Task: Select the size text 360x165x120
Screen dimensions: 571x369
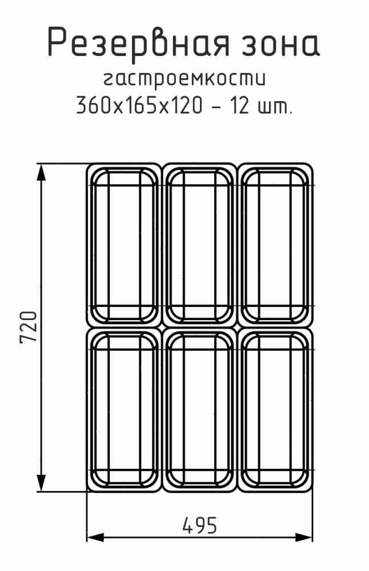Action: pyautogui.click(x=139, y=105)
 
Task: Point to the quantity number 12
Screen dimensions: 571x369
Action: pyautogui.click(x=240, y=105)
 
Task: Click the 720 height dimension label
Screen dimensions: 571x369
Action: pyautogui.click(x=29, y=327)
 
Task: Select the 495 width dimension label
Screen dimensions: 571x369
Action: pyautogui.click(x=199, y=525)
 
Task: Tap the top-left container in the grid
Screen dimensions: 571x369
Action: pyautogui.click(x=124, y=245)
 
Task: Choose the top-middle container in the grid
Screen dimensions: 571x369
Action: pyautogui.click(x=199, y=245)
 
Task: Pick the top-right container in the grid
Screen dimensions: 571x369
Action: pyautogui.click(x=275, y=245)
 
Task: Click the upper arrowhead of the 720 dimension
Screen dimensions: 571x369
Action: pyautogui.click(x=41, y=171)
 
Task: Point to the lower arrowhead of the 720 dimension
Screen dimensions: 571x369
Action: pyautogui.click(x=41, y=483)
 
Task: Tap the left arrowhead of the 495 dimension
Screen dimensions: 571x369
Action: pyautogui.click(x=95, y=537)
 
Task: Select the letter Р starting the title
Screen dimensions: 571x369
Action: pyautogui.click(x=57, y=42)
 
